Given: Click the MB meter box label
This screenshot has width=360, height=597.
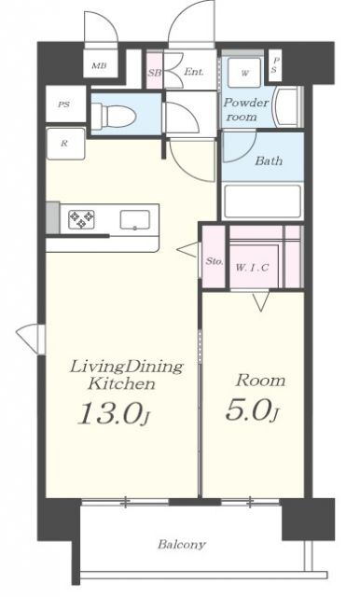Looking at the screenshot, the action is click(99, 65).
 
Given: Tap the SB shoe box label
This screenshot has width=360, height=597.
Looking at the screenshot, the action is click(154, 72).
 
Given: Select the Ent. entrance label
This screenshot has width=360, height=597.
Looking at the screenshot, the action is click(194, 71).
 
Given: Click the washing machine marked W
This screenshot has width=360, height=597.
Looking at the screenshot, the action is click(244, 73).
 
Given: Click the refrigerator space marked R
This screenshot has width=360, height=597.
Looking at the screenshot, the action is click(65, 144).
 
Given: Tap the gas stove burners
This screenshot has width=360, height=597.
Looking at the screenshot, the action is click(81, 220).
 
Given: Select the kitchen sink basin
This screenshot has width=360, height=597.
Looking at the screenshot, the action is click(135, 220).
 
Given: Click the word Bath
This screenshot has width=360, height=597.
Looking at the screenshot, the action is click(269, 160).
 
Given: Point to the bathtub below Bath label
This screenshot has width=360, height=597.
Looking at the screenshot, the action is click(263, 201).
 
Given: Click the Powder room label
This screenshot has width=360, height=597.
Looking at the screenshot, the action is click(246, 110).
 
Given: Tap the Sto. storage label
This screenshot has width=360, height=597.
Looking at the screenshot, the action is click(215, 261).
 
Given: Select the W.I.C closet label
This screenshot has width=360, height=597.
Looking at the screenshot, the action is click(252, 268).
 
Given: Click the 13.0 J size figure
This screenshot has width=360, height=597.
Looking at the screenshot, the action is click(113, 413).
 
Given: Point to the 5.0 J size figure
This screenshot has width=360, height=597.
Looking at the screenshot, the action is click(253, 410).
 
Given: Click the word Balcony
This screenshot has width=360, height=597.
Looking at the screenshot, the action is click(182, 544).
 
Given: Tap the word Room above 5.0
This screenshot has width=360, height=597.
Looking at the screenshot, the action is click(260, 381).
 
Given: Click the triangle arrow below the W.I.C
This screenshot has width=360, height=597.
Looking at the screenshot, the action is click(261, 300).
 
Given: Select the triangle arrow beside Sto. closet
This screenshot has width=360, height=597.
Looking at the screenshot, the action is click(188, 250).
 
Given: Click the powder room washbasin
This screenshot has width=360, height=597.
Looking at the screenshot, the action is click(287, 107).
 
